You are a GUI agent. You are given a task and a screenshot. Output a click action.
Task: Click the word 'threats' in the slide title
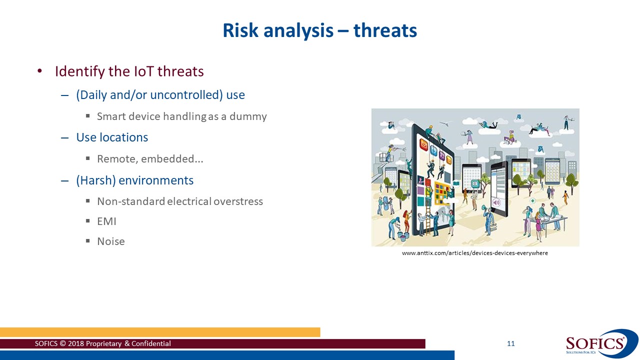385,31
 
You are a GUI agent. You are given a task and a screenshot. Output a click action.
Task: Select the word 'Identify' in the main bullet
80,71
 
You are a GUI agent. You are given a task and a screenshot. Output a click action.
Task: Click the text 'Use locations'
112,137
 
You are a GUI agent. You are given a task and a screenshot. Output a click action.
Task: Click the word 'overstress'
238,201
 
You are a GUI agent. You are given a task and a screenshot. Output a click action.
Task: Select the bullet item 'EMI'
106,221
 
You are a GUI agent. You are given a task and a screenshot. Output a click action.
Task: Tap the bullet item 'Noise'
110,241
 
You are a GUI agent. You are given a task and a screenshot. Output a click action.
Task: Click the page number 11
510,343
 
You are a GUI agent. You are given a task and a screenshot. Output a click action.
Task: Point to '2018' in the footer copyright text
75,343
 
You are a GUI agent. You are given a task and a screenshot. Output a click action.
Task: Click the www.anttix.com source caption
474,253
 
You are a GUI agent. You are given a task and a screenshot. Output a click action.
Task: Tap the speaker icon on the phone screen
496,202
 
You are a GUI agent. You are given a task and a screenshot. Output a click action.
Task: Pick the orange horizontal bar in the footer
160,332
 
